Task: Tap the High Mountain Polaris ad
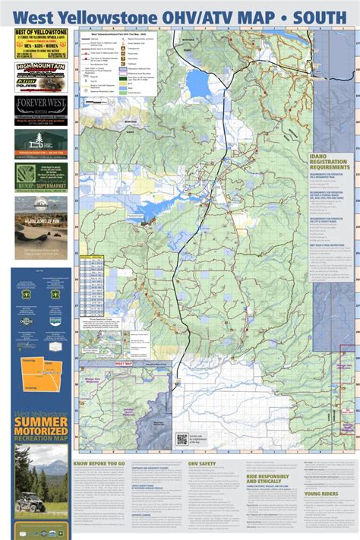click(x=41, y=77)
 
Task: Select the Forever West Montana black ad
click(x=41, y=110)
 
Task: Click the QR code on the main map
click(x=182, y=438)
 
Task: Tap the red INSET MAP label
click(x=122, y=364)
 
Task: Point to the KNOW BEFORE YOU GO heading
click(x=99, y=463)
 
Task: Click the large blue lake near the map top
click(x=198, y=84)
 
